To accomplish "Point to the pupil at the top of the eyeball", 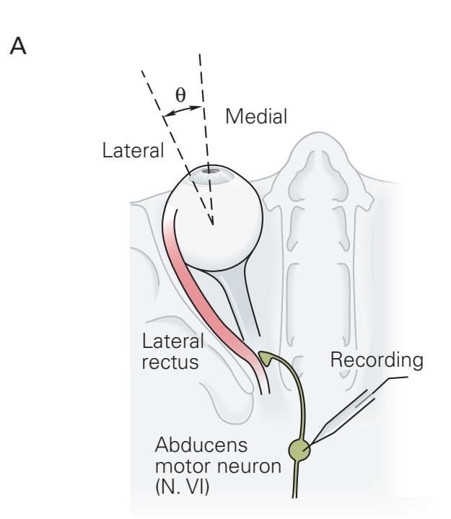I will coord(210,171).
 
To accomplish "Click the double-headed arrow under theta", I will coord(182,110).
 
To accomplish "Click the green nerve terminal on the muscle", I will coord(266,357).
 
